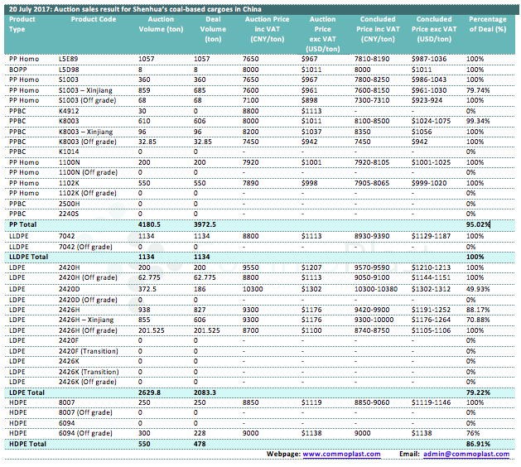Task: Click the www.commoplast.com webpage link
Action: click(341, 454)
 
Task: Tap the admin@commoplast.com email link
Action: click(466, 454)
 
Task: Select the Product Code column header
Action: click(94, 19)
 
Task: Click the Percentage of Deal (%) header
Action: click(488, 24)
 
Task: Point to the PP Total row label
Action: click(22, 224)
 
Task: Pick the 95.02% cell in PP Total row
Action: click(478, 224)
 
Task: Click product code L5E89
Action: click(68, 59)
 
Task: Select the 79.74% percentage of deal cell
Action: click(478, 90)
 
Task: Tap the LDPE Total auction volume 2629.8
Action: click(149, 392)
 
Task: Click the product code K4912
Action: click(69, 111)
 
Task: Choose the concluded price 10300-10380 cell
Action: click(376, 289)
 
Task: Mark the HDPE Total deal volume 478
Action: click(200, 444)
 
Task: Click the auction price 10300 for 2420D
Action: click(253, 289)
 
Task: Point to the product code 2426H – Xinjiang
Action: click(86, 320)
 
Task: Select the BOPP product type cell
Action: click(18, 70)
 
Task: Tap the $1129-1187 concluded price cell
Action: click(431, 236)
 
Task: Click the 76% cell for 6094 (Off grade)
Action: click(472, 433)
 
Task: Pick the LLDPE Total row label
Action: click(28, 257)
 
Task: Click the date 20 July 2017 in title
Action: click(30, 9)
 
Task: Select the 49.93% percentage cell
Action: click(478, 289)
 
